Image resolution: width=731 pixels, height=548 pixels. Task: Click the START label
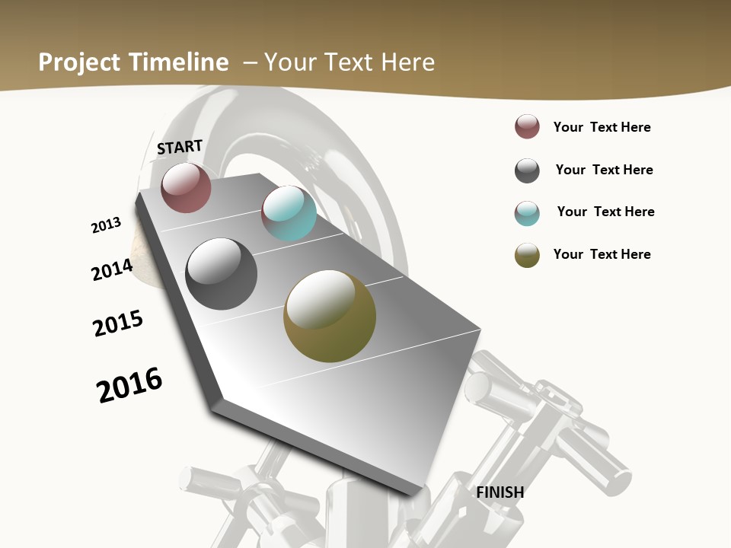tap(180, 147)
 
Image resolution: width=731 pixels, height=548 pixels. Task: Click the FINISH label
tap(500, 492)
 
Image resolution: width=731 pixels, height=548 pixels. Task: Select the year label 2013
tap(106, 225)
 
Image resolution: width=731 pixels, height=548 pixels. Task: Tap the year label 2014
tap(112, 269)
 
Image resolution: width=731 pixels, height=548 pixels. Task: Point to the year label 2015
tap(118, 323)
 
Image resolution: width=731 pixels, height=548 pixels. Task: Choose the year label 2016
tap(129, 385)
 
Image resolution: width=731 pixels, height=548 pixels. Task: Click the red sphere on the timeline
tap(186, 187)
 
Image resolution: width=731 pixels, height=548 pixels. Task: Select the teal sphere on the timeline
tap(289, 213)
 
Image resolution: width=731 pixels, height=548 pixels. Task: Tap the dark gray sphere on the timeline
tap(222, 274)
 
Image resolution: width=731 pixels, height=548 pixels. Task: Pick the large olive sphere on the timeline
tap(330, 317)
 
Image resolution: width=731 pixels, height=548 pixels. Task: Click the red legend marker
tap(527, 126)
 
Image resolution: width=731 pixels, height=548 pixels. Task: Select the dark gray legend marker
tap(527, 170)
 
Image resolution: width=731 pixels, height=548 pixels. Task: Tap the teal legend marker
tap(527, 213)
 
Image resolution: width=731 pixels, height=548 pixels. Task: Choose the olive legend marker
tap(527, 255)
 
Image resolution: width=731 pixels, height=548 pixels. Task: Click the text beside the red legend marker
tap(602, 127)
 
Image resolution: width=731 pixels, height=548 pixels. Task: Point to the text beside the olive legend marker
tap(602, 254)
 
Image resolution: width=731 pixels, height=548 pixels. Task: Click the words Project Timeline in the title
tap(133, 62)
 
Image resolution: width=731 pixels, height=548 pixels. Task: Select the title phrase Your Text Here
tap(350, 62)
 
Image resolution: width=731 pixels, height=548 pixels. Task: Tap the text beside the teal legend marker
tap(605, 212)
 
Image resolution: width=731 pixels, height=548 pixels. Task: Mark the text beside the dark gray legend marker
tap(604, 170)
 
